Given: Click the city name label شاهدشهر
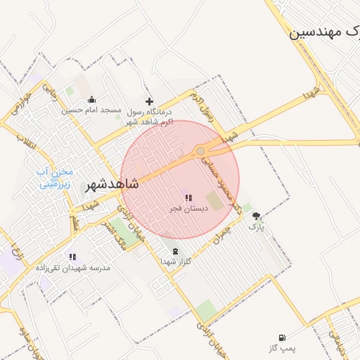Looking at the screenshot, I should [112, 184].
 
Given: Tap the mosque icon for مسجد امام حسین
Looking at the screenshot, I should [92, 99].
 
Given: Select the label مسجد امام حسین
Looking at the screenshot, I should [91, 110].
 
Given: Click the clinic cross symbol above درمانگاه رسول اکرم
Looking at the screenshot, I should [149, 102].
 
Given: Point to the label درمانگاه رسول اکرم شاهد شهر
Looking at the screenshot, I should [148, 117].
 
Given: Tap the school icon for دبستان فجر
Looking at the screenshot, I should [188, 198].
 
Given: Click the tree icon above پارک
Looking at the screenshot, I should [257, 216].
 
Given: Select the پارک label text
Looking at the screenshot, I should [257, 227].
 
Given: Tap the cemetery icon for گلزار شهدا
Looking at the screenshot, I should [175, 251].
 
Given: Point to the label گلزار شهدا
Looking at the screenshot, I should [176, 262].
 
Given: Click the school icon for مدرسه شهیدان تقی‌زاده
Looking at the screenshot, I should [71, 257].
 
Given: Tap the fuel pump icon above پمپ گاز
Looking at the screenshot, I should [283, 337].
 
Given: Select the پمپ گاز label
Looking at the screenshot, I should [283, 348].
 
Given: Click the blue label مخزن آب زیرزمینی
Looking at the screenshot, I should [53, 179].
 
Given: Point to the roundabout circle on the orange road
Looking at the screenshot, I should [200, 151].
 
